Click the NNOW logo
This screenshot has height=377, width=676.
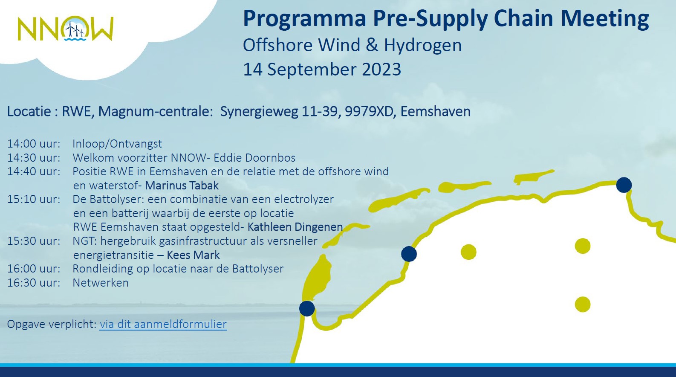(x=66, y=29)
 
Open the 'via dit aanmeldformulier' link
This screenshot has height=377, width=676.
(x=163, y=324)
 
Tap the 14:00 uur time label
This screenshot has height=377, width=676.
(x=34, y=144)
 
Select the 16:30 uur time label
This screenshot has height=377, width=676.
(x=34, y=283)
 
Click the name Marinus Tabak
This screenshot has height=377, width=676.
(x=182, y=186)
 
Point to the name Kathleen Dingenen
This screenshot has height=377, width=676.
(x=295, y=227)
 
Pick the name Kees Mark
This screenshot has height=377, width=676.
(x=193, y=255)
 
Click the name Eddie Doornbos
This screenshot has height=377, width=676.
(x=255, y=157)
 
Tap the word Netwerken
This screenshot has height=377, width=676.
(x=101, y=283)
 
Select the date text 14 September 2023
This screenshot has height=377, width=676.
(x=322, y=69)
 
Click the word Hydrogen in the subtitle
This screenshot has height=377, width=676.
(x=423, y=45)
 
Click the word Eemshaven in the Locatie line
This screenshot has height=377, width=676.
(x=436, y=111)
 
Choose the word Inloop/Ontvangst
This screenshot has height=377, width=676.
(x=117, y=144)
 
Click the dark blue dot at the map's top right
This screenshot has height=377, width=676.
(x=624, y=185)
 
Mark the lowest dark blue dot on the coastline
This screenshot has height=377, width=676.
(x=307, y=308)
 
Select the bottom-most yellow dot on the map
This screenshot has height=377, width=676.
(x=583, y=304)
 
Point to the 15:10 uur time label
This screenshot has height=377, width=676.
(x=34, y=199)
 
